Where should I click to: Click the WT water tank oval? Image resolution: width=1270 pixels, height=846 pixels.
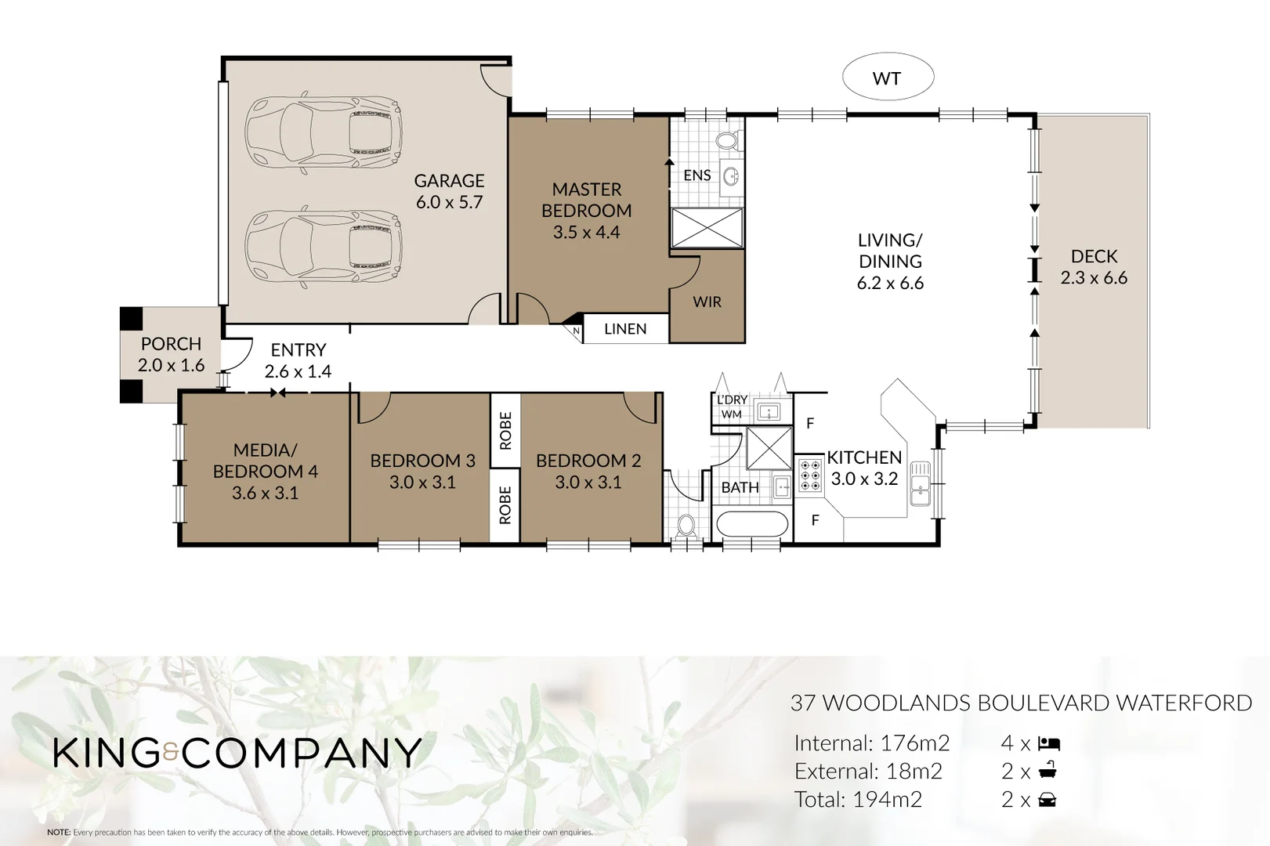888,78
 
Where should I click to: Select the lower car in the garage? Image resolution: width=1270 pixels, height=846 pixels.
324,244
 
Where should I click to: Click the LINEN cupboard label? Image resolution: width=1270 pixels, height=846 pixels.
625,329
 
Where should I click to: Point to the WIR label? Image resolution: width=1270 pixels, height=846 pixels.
707,302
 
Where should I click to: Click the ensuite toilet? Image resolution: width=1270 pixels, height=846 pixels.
727,141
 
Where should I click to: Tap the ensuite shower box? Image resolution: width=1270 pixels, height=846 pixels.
707,228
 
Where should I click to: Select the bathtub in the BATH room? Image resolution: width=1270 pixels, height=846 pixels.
751,524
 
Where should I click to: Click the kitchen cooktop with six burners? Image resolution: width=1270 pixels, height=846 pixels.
810,475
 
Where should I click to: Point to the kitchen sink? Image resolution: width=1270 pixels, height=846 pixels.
920,483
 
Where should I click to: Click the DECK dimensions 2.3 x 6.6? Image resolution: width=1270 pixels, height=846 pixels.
1094,278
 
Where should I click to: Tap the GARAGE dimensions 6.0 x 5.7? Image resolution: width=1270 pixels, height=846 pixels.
449,202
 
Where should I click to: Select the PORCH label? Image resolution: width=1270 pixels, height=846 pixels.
171,344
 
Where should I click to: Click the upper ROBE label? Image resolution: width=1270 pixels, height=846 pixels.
505,431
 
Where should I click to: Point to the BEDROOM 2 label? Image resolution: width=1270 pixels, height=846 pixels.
588,461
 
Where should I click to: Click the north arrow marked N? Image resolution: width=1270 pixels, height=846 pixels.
576,330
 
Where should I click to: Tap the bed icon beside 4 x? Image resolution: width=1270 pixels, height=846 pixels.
1049,743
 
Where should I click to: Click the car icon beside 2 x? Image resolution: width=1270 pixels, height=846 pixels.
1047,800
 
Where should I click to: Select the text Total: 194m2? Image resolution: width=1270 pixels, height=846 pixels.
858,800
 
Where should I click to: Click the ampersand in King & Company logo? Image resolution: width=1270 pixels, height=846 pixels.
172,754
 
